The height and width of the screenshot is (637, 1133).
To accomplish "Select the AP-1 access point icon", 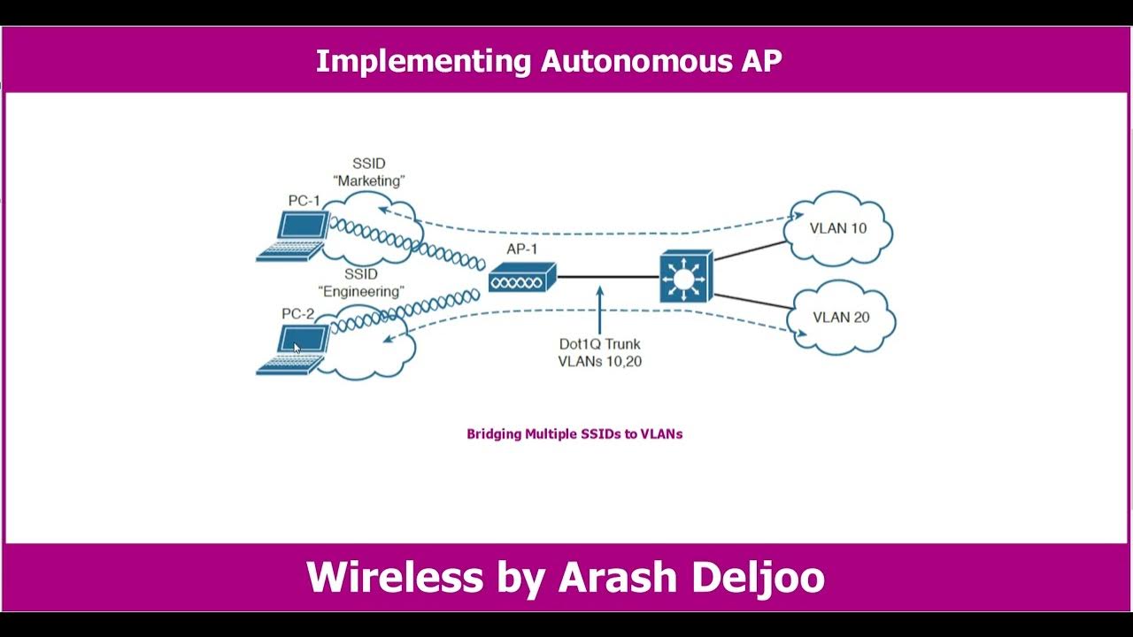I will point(522,278).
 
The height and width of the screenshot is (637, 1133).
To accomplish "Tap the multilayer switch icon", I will point(685,277).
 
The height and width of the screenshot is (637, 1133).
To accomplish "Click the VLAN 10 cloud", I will point(838,228).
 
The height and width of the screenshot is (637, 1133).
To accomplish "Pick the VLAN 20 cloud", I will point(841,318).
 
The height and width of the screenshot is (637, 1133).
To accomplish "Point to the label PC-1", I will point(304,201).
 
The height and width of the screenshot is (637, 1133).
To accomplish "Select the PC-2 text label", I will point(298,313).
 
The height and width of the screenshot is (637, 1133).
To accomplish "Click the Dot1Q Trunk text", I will point(599,344).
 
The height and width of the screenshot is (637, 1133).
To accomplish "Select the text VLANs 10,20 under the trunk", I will point(599,361).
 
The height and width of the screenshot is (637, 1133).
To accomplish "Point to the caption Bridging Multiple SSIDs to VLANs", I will point(574,434).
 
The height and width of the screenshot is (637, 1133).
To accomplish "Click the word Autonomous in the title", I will point(636,61).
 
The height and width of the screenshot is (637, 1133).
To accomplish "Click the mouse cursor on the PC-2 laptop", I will point(297,348).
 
